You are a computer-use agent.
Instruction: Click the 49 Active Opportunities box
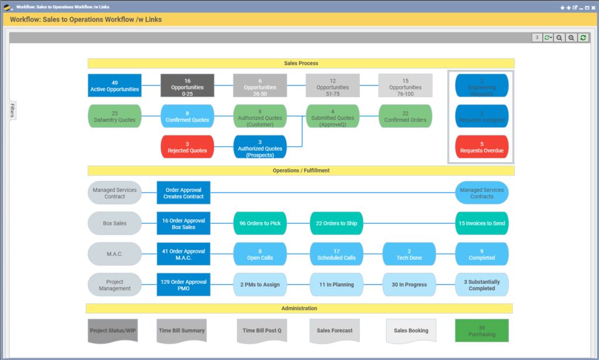(x=115, y=85)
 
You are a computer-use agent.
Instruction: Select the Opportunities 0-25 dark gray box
(x=187, y=85)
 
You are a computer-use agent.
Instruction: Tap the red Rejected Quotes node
(x=187, y=146)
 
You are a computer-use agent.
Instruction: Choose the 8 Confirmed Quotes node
(x=187, y=116)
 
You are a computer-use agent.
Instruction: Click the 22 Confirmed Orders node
(x=405, y=116)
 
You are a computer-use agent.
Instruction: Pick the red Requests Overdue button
(x=481, y=146)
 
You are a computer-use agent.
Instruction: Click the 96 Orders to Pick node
(x=260, y=223)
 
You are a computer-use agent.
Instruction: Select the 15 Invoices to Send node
(x=481, y=223)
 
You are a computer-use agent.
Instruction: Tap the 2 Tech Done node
(x=409, y=253)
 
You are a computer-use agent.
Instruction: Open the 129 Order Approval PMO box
(x=183, y=284)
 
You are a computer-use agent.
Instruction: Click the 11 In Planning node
(x=336, y=284)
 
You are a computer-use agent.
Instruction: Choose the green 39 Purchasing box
(x=481, y=331)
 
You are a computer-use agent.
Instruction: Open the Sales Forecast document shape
(x=335, y=331)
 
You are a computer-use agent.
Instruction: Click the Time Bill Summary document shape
(x=182, y=331)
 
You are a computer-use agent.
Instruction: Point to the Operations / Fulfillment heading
(x=301, y=170)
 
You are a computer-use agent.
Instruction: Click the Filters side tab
(x=12, y=111)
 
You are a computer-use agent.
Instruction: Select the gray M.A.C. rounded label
(x=115, y=254)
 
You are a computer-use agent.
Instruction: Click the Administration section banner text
(x=299, y=308)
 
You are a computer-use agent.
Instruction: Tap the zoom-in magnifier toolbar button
(x=571, y=37)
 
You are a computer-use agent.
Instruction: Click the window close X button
(x=593, y=8)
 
